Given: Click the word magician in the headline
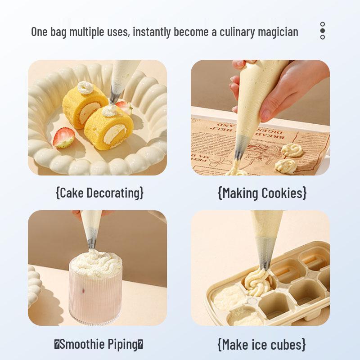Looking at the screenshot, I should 278,32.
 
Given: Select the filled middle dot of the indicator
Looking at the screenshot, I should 323,31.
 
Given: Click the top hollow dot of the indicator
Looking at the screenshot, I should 323,24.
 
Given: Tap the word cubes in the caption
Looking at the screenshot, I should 286,345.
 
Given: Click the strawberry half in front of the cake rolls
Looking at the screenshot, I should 63,138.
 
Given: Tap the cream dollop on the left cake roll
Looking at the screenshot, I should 84,87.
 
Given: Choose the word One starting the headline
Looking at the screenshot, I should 39,32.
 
